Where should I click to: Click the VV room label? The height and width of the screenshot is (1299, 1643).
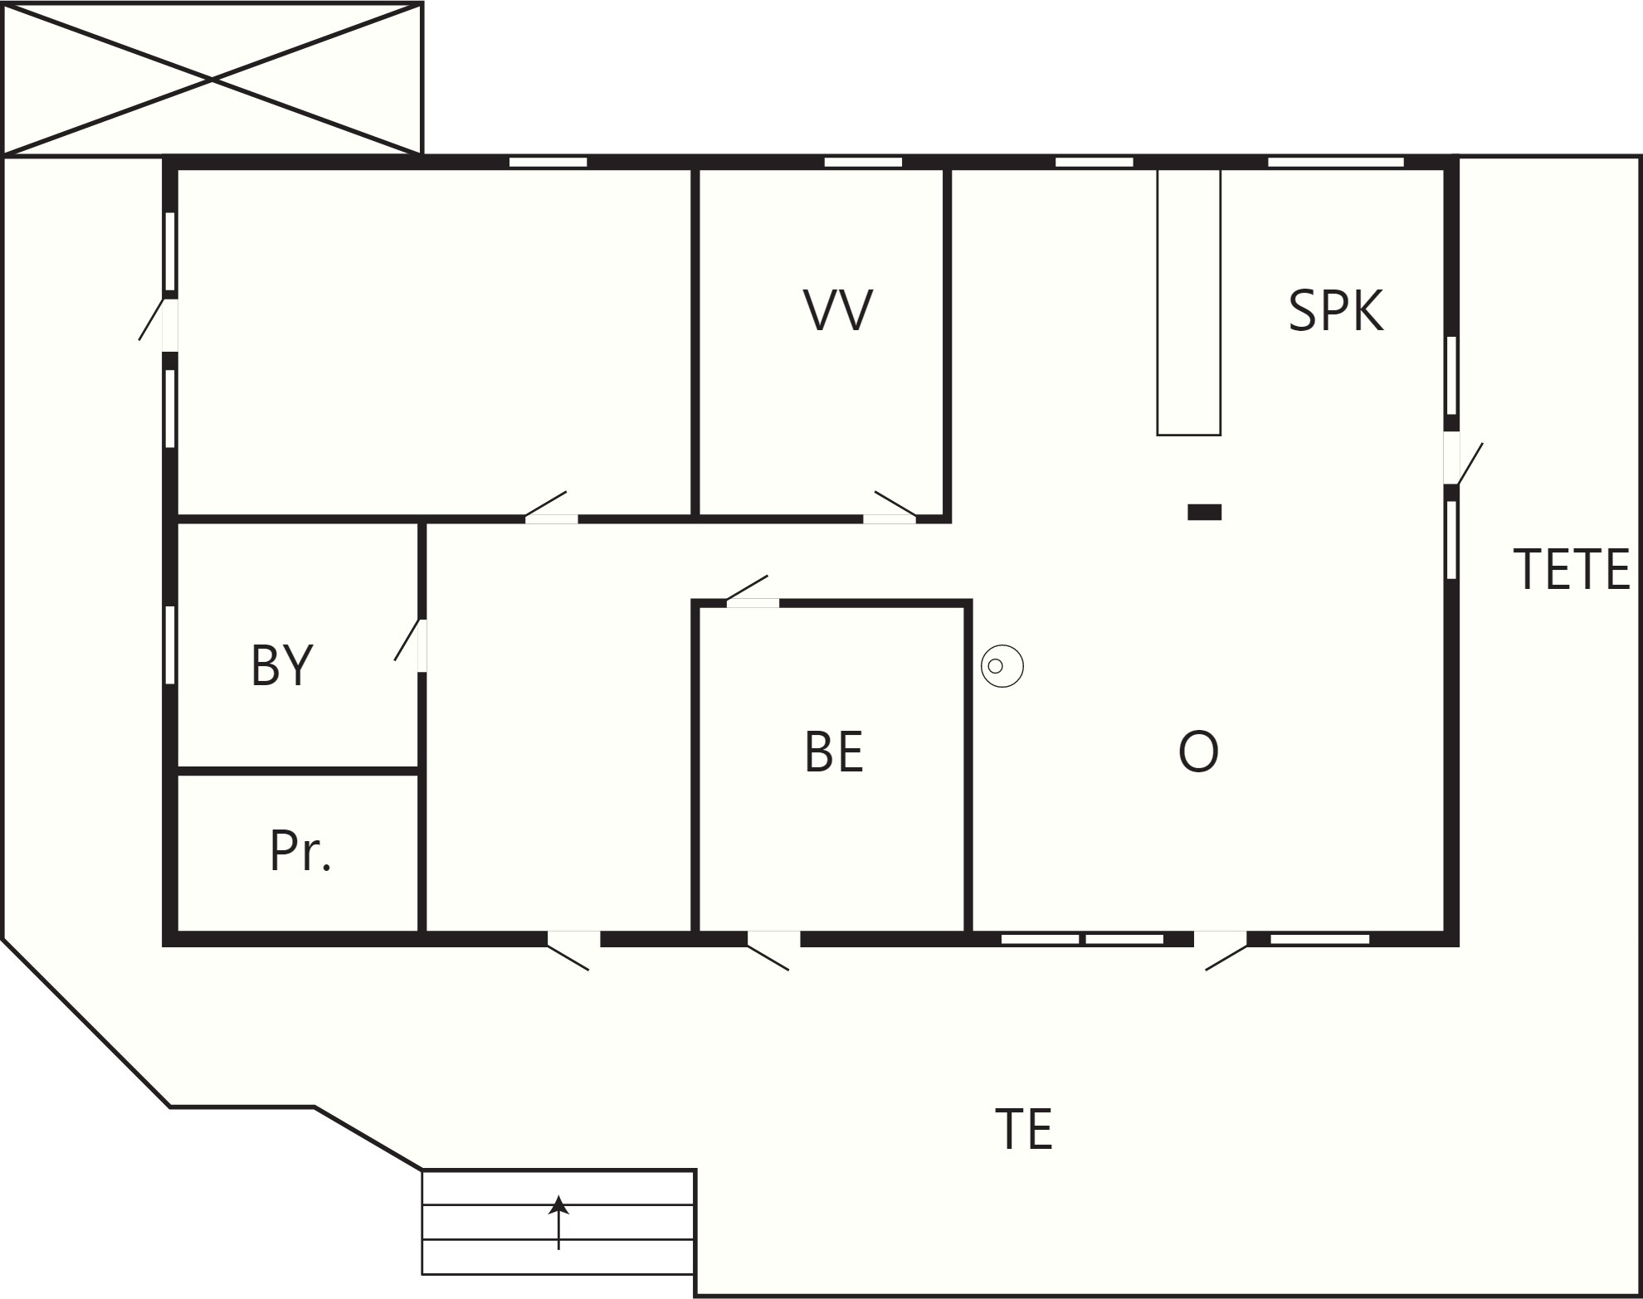(x=838, y=310)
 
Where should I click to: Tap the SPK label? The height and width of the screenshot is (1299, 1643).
(x=1336, y=311)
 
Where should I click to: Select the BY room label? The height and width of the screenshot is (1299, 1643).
(x=282, y=664)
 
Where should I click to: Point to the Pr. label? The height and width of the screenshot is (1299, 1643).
(x=300, y=850)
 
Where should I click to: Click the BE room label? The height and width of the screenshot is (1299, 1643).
(x=834, y=752)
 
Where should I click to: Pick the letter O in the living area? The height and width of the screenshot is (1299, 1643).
(x=1198, y=752)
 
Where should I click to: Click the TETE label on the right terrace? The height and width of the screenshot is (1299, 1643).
(x=1572, y=569)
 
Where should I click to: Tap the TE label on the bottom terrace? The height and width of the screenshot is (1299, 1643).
(x=1024, y=1129)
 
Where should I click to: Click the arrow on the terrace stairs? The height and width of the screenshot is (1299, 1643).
(x=558, y=1222)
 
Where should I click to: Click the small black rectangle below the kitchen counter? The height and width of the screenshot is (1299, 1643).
(x=1204, y=512)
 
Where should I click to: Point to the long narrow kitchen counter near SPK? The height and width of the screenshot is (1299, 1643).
(x=1189, y=302)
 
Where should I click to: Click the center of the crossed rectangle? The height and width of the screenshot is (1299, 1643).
(x=212, y=79)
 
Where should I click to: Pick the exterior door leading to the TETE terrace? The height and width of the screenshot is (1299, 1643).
(x=1462, y=461)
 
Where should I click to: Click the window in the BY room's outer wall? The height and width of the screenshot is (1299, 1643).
(x=170, y=645)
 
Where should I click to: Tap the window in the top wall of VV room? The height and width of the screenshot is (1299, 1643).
(x=863, y=162)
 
